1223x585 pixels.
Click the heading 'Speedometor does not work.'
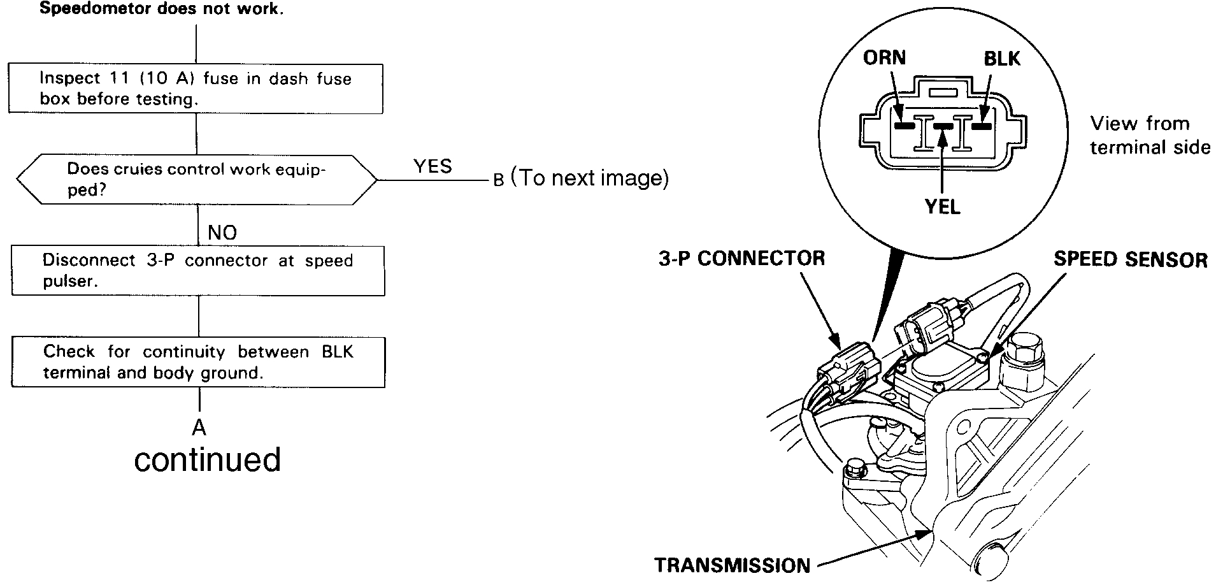161,10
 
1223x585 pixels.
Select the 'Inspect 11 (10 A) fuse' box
196,89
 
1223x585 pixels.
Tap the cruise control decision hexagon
196,180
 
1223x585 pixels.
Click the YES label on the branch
433,166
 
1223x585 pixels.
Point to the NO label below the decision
222,233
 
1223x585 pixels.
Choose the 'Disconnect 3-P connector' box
197,271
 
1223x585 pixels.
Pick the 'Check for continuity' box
197,362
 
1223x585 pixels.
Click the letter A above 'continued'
199,428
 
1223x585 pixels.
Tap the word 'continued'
208,459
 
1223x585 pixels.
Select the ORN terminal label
884,58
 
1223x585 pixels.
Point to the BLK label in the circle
1002,59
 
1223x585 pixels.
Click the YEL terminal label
942,207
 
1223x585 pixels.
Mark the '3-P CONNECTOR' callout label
741,258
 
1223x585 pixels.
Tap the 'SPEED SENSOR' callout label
1130,259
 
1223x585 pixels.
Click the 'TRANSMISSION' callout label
732,565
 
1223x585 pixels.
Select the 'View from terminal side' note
1149,135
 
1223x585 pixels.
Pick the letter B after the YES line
499,180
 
